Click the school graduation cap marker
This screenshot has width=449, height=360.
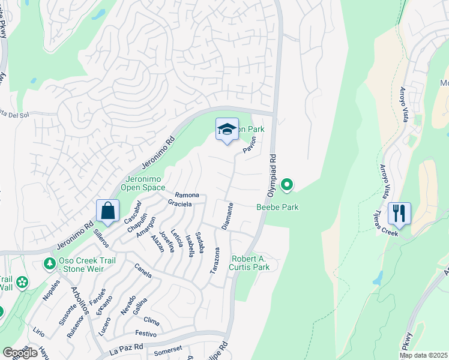227,130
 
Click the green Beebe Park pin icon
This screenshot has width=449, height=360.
287,185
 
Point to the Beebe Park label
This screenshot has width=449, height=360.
277,207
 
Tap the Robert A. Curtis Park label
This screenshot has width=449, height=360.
250,263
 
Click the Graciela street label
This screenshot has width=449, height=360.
179,204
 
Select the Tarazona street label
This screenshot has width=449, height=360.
214,261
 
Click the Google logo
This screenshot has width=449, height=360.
19,353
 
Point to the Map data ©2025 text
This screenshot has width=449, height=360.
423,355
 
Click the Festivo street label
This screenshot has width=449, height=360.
146,332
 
